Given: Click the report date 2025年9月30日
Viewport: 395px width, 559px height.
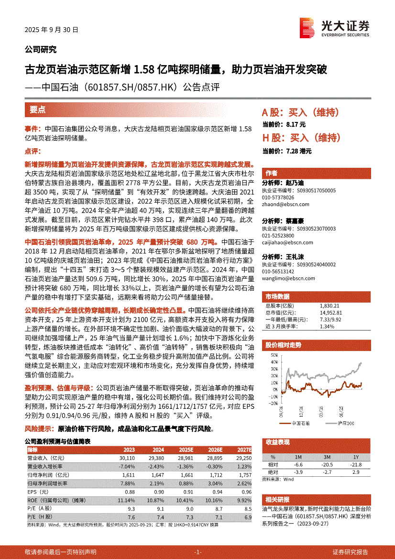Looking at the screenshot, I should pos(51,29).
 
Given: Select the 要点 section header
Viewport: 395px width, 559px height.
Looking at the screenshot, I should pos(38,110).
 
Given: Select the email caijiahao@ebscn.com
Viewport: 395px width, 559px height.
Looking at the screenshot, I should pos(286,242).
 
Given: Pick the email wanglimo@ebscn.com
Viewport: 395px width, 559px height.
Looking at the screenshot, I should pos(285,277).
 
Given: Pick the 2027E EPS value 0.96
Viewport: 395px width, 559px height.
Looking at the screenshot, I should pos(246,492).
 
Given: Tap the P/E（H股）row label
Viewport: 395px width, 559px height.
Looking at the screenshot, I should pos(40,517).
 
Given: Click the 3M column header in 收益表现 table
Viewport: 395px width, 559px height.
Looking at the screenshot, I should pos(328,457).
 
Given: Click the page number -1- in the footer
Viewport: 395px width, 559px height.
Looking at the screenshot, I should pos(197,551).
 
